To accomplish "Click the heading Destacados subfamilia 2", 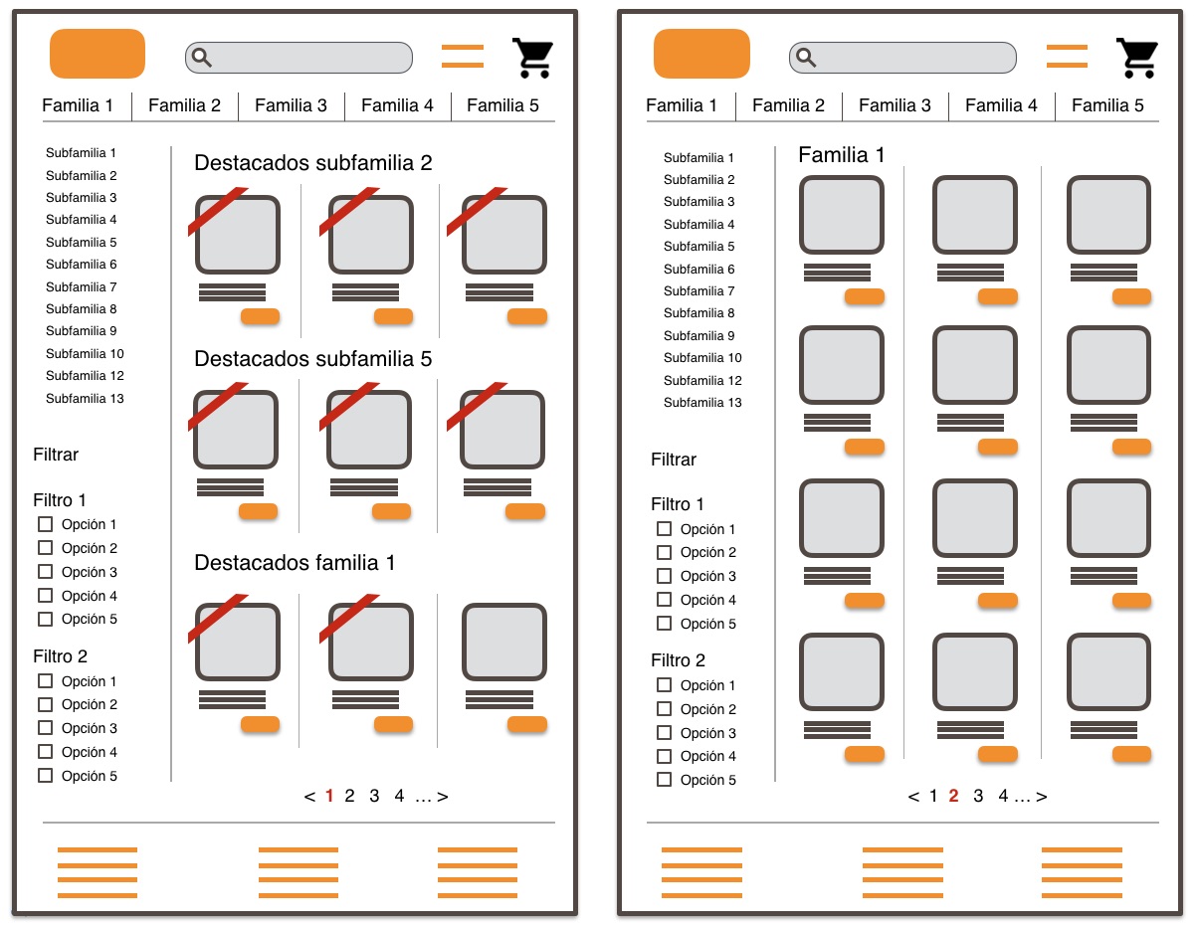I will coord(312,163).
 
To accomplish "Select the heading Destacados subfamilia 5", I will coord(312,359).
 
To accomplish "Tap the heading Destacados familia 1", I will coord(295,563).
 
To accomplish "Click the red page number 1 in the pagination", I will coord(329,796).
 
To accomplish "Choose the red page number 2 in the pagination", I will coord(953,796).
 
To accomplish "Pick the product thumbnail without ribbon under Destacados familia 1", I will coord(503,643).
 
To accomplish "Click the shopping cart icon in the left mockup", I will coord(532,58).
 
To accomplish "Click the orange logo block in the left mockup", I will coord(98,54).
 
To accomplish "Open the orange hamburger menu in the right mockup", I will coord(1067,57).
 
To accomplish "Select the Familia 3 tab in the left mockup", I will coord(291,105).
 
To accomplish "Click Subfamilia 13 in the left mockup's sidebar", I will coord(85,399).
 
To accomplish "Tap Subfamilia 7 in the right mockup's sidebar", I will coord(698,291).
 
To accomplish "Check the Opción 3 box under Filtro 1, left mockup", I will coord(45,572).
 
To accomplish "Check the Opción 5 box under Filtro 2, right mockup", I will coord(664,780).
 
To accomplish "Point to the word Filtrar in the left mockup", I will coord(56,455).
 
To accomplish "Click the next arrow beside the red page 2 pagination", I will coord(1042,796).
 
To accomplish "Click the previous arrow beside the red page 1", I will coord(309,796).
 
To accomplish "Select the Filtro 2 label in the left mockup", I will coord(60,656).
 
